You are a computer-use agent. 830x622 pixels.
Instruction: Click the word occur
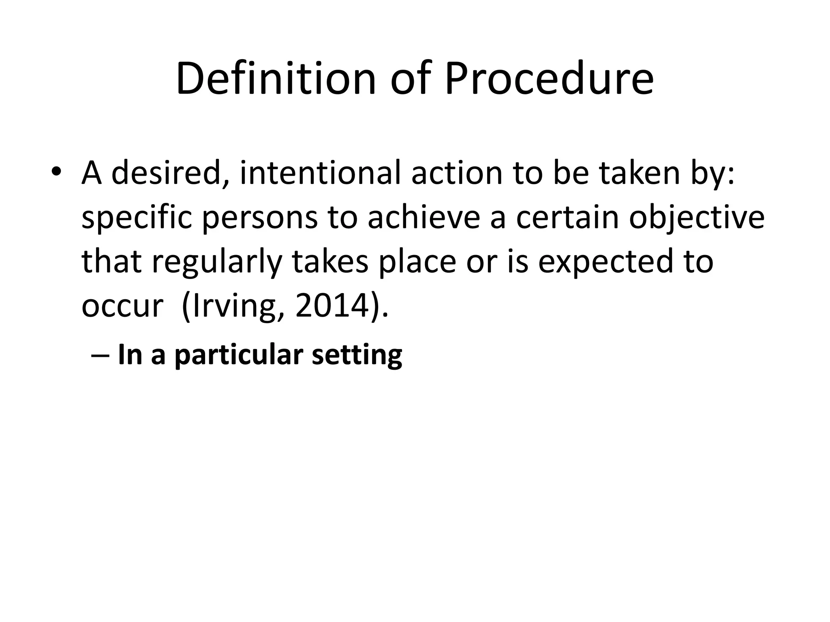point(122,306)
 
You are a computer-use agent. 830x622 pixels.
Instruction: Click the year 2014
point(332,306)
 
